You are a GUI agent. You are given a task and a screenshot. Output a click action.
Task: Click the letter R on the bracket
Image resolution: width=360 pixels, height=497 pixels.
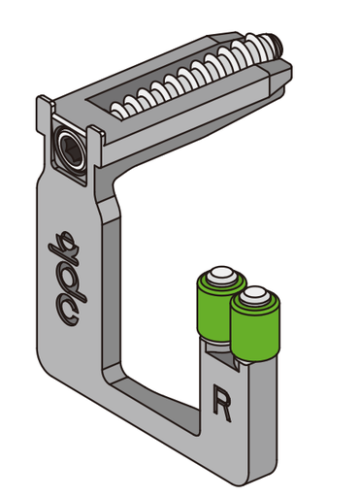click(x=222, y=402)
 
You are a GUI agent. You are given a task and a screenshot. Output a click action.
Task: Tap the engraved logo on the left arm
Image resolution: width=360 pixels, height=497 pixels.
click(x=67, y=278)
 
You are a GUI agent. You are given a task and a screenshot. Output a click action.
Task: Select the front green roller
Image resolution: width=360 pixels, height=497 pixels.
click(x=255, y=323)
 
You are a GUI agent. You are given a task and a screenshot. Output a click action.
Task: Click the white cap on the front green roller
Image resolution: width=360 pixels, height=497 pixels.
click(x=255, y=296)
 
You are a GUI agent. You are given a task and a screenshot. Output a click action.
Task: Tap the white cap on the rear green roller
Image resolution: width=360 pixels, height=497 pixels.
click(x=222, y=277)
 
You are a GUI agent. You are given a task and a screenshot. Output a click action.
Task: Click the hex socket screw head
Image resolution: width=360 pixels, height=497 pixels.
click(x=69, y=147)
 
